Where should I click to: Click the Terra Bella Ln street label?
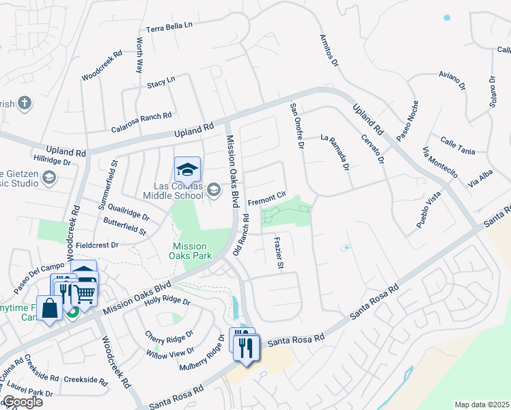click(x=170, y=27)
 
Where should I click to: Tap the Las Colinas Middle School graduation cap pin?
click(x=187, y=169)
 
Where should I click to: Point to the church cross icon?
click(x=25, y=103)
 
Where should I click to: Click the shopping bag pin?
click(x=51, y=309)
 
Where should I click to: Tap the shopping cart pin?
click(x=85, y=294)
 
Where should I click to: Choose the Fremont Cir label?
click(x=266, y=199)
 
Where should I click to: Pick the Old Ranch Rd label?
click(x=241, y=234)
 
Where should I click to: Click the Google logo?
click(x=22, y=402)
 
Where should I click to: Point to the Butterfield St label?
click(x=125, y=228)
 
